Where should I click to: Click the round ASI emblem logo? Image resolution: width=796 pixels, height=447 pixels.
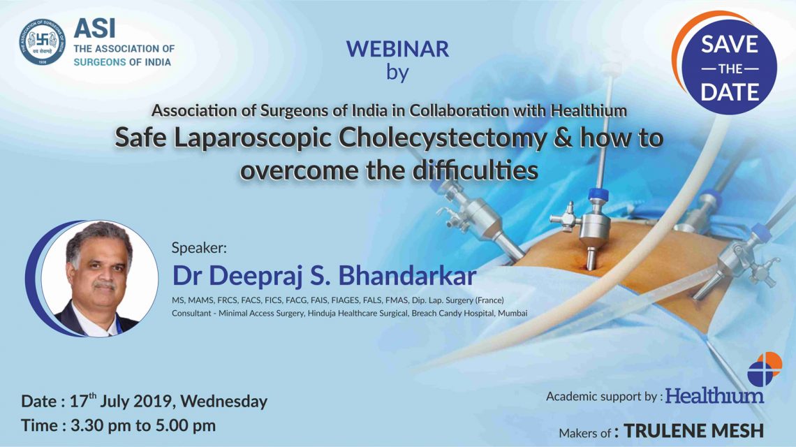(43, 42)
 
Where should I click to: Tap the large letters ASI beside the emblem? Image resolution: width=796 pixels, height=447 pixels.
(94, 29)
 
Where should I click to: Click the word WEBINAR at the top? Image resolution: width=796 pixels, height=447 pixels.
(397, 50)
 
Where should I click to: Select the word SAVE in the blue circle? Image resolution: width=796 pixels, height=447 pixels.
(730, 45)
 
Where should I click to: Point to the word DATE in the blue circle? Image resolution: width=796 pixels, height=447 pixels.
(730, 92)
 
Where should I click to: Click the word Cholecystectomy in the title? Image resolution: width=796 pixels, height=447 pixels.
(443, 139)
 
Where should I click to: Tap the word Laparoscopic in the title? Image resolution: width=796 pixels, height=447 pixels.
(252, 139)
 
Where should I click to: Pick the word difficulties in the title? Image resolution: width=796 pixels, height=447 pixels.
(475, 170)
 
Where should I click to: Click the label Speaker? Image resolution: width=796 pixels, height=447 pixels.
(199, 249)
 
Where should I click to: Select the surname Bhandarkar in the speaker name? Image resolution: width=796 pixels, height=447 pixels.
(407, 276)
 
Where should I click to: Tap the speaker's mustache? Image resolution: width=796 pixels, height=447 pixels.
(103, 286)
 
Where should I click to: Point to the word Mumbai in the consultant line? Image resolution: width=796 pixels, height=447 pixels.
(513, 314)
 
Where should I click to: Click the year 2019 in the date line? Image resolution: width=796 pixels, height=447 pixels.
(150, 402)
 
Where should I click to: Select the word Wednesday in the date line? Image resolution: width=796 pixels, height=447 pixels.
(224, 402)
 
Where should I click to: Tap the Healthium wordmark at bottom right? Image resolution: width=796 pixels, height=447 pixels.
(714, 396)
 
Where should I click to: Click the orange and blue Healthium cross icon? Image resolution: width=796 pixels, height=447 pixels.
(765, 369)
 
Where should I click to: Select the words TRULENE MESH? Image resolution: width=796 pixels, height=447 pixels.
(693, 431)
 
